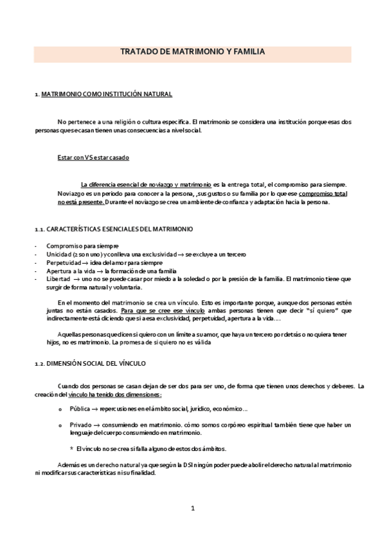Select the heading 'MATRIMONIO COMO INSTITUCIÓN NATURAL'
coord(106,94)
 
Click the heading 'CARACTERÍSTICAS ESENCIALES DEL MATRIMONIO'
coord(125,229)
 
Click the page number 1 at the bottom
coord(192,509)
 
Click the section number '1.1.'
coord(39,229)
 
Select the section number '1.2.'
coord(39,364)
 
